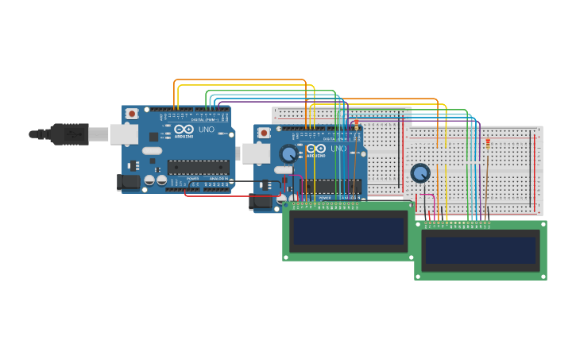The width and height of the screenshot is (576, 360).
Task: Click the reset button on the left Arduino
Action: [x=132, y=114]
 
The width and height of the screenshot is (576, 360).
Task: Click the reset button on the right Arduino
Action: [x=264, y=133]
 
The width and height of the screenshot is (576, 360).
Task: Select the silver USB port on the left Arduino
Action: [x=123, y=134]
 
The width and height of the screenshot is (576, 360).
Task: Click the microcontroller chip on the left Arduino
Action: [x=198, y=167]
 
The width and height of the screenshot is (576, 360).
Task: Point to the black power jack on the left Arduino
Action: [x=130, y=182]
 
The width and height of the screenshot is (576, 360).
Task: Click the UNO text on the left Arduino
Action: [x=206, y=130]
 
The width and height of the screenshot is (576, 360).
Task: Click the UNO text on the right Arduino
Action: [x=338, y=149]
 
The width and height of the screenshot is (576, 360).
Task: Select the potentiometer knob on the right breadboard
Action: [x=420, y=172]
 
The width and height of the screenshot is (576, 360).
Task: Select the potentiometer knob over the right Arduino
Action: [x=288, y=153]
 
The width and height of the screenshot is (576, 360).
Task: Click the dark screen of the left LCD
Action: [x=349, y=231]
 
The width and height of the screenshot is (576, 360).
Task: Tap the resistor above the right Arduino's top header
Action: [x=356, y=123]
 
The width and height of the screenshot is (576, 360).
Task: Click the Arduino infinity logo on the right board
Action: [x=316, y=149]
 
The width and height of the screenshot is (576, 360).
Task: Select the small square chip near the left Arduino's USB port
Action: [x=153, y=137]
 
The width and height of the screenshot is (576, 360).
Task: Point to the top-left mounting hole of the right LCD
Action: [x=419, y=225]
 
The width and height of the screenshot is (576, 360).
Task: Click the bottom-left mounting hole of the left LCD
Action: [x=287, y=256]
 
